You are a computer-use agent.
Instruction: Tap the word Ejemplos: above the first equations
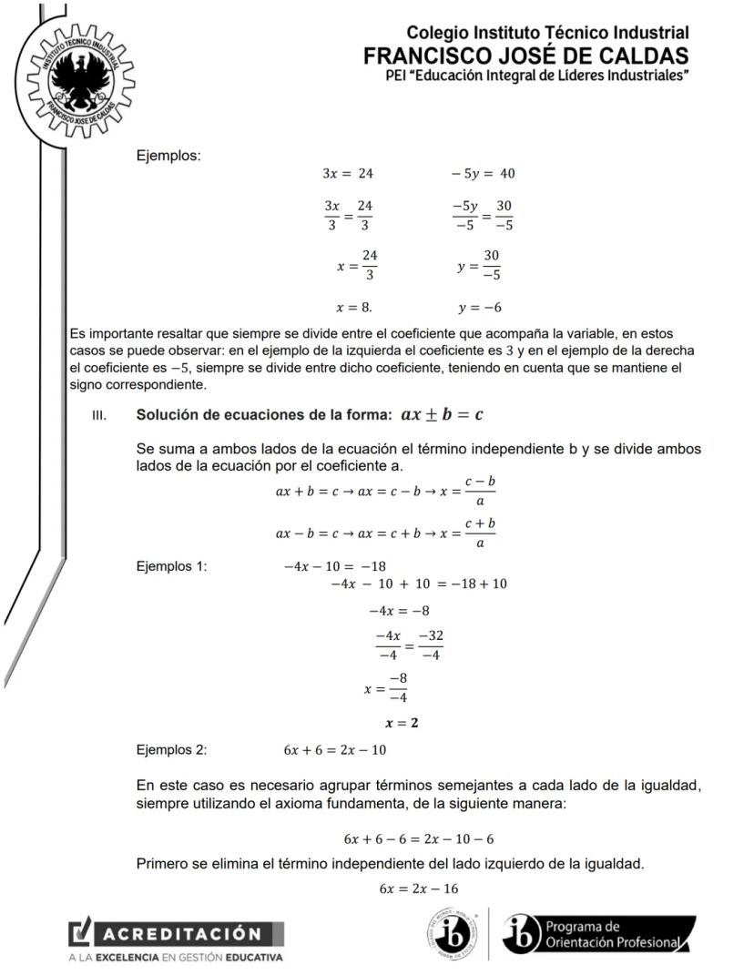click(x=168, y=156)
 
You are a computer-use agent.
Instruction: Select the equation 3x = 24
click(x=348, y=173)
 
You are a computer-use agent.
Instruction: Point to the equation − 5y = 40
click(x=484, y=173)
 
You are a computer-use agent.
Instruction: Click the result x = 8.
click(x=347, y=307)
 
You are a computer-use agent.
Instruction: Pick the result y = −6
click(x=480, y=307)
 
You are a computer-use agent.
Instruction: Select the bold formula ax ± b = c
click(x=442, y=414)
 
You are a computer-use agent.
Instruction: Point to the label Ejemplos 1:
click(x=171, y=566)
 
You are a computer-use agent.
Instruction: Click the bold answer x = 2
click(x=402, y=724)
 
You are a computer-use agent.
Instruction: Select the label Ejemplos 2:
click(x=171, y=750)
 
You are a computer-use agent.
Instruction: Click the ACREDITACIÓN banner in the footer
click(x=177, y=934)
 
